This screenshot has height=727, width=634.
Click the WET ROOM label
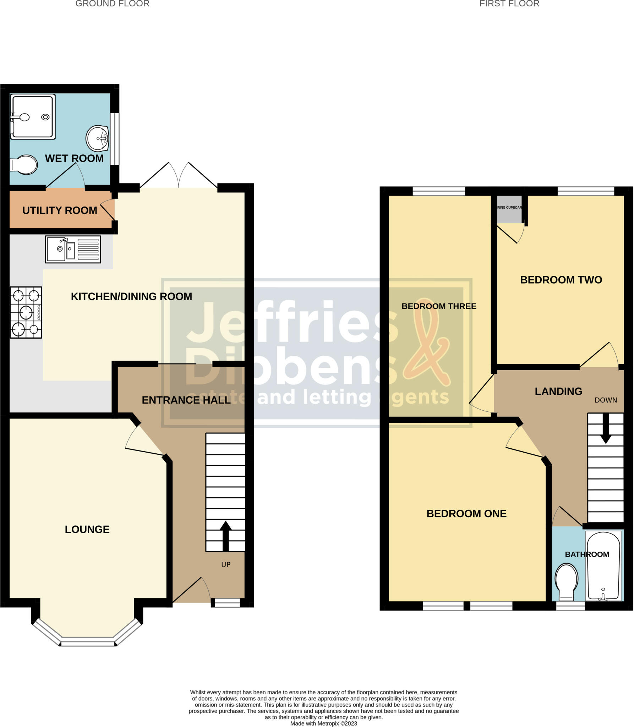pyautogui.click(x=74, y=158)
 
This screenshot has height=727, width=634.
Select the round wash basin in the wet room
pyautogui.click(x=97, y=138)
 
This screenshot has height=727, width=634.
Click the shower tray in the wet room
pyautogui.click(x=33, y=116)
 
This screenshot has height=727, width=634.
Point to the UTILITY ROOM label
pyautogui.click(x=60, y=211)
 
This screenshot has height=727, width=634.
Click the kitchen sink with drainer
pyautogui.click(x=73, y=249)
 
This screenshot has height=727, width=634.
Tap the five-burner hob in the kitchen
pyautogui.click(x=26, y=312)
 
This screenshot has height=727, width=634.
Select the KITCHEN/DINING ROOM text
pyautogui.click(x=131, y=296)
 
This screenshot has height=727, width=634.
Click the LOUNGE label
pyautogui.click(x=87, y=529)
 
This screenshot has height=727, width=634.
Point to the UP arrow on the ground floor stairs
pyautogui.click(x=225, y=536)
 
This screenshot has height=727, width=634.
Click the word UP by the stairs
pyautogui.click(x=226, y=564)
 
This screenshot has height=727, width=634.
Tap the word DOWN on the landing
pyautogui.click(x=606, y=400)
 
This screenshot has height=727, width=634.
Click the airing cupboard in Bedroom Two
pyautogui.click(x=509, y=209)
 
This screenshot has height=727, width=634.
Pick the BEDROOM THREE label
pyautogui.click(x=439, y=306)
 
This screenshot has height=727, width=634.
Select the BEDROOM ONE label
pyautogui.click(x=466, y=514)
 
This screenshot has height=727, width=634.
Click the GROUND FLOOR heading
pyautogui.click(x=112, y=4)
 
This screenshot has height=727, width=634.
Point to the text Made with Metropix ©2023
pyautogui.click(x=323, y=723)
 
